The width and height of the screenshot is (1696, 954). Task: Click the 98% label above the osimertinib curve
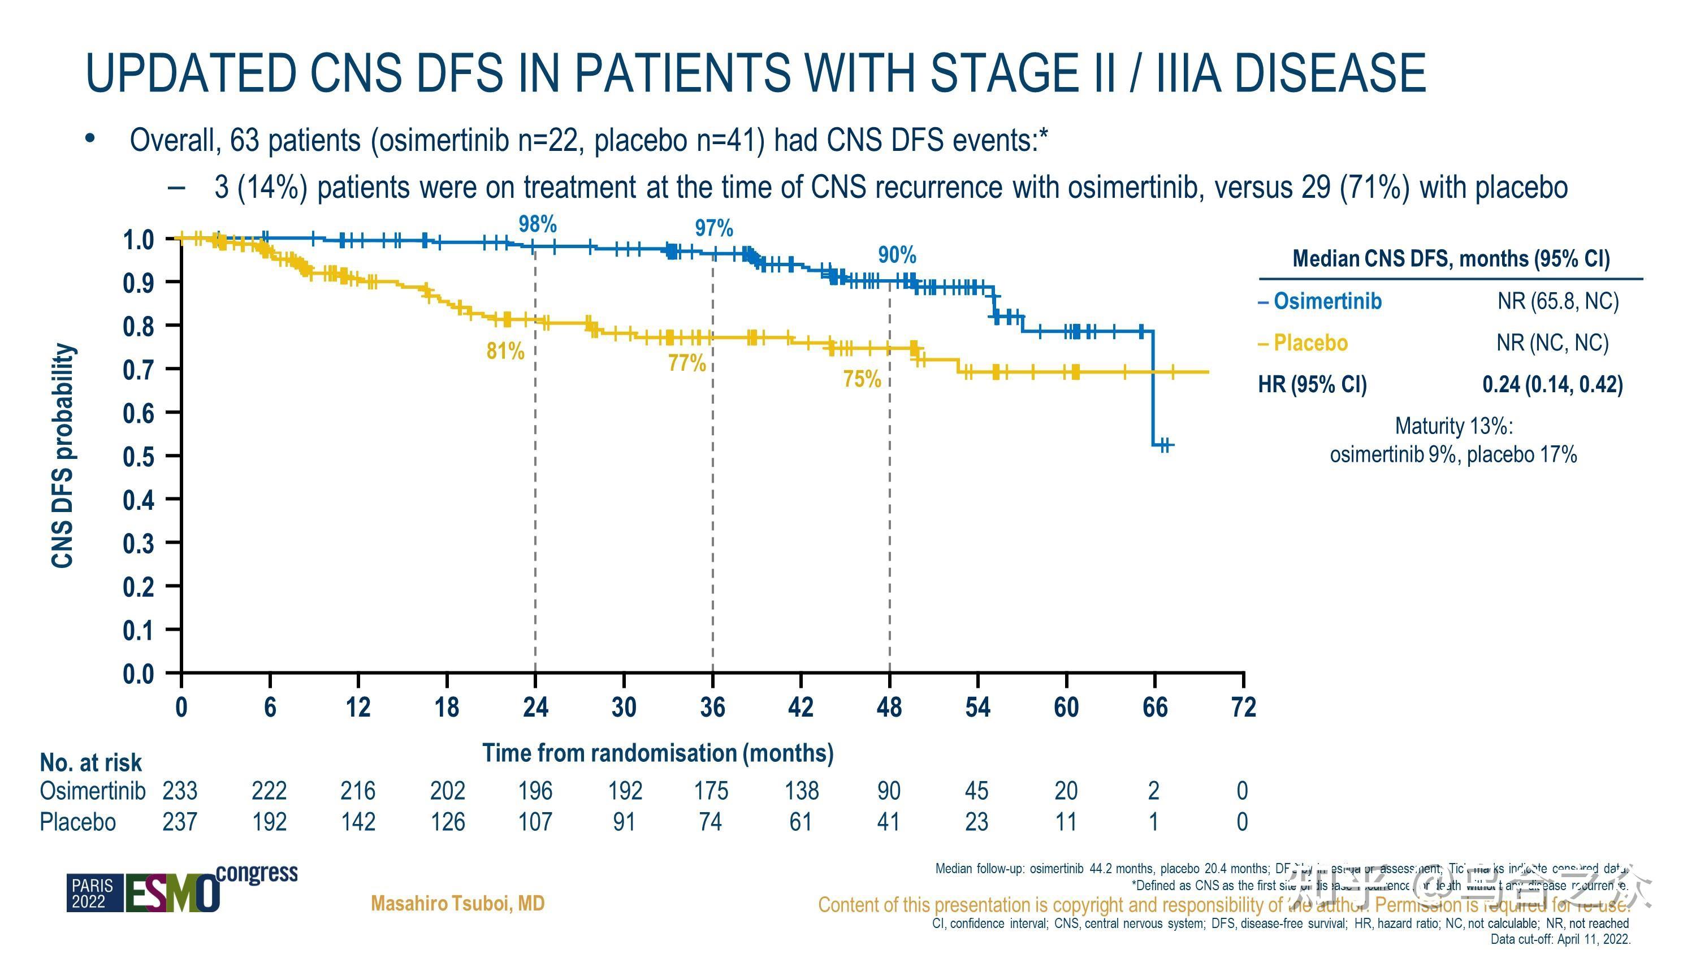coord(537,224)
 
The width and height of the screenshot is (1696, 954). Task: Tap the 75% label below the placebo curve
coord(862,379)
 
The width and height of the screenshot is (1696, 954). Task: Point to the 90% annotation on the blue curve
coord(897,255)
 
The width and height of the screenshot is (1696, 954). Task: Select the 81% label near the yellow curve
coord(505,351)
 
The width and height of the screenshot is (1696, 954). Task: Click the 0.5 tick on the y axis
coord(139,456)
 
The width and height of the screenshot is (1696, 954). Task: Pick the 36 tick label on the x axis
coord(712,707)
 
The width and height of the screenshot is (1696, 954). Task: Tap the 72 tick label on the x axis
coord(1243,707)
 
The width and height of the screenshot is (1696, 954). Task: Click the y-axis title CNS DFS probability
coord(63,454)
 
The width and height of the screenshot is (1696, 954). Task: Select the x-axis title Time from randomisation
coord(657,753)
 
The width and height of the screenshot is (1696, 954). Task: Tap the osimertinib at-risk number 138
coord(801,790)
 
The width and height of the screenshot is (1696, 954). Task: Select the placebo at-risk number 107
coord(535,822)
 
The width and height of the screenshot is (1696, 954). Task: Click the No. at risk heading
coord(91,762)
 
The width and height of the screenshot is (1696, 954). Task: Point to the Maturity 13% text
coord(1453,426)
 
